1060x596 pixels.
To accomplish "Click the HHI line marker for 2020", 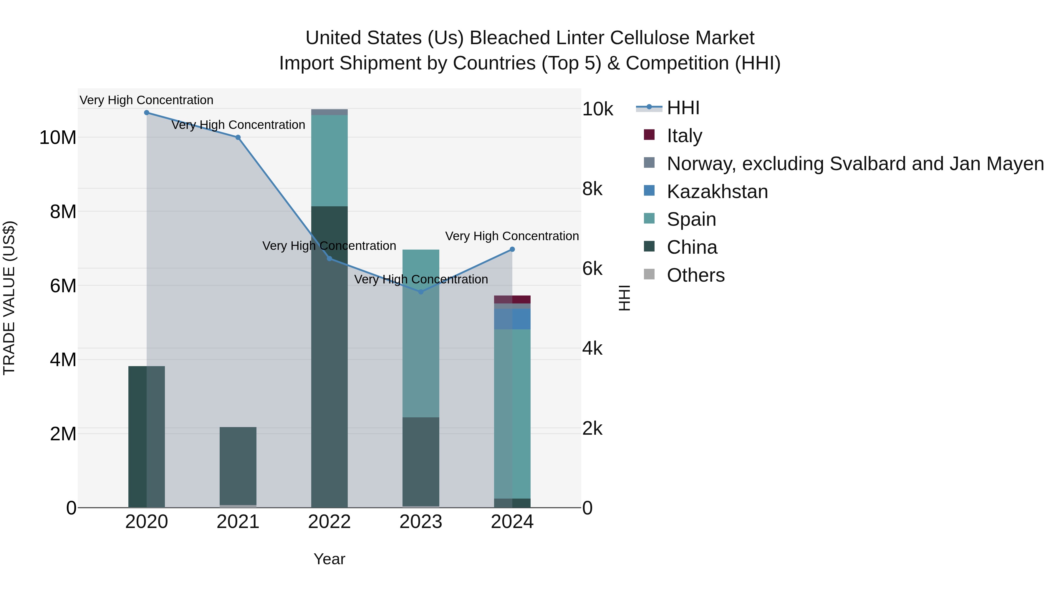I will (147, 113).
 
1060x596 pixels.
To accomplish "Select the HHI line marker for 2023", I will (420, 292).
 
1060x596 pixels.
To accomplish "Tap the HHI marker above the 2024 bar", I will (512, 249).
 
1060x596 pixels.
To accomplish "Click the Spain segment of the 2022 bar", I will (329, 160).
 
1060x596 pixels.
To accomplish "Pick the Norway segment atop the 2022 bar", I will (329, 112).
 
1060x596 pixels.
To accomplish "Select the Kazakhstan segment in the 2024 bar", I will (512, 319).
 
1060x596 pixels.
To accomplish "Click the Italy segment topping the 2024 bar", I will (512, 299).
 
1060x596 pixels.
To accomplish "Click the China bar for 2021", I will (238, 466).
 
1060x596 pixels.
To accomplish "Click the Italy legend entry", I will (684, 136).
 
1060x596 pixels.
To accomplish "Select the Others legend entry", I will (695, 275).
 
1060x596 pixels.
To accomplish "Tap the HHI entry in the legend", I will (683, 108).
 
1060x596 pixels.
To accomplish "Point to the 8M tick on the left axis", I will (63, 212).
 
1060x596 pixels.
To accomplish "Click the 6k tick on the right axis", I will (592, 269).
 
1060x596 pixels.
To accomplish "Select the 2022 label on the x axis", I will (329, 522).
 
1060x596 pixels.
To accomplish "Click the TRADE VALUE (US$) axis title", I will (9, 298).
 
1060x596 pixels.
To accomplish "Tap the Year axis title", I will (329, 559).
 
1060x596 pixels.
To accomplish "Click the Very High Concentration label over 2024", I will (512, 236).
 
